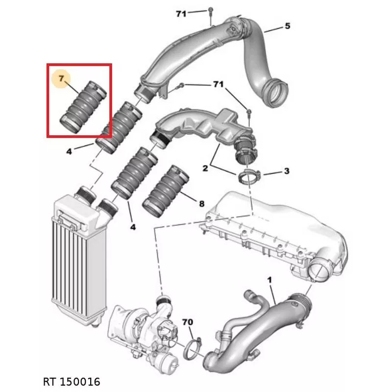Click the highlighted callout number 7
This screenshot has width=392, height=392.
point(61,78)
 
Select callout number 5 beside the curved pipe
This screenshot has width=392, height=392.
point(288,26)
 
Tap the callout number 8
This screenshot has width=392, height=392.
point(201,204)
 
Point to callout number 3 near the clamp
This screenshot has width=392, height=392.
point(287,171)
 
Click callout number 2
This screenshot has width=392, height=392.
point(205,168)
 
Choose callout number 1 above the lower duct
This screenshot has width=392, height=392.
point(269,280)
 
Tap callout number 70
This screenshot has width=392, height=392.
point(188,322)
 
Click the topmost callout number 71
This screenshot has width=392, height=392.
point(181,14)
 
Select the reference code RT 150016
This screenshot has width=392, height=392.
point(72,382)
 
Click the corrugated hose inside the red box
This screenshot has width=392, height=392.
point(83,107)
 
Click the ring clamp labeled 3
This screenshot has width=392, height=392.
point(249,177)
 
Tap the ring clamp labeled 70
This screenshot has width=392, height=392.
point(193,349)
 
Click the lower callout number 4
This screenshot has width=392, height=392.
point(133,227)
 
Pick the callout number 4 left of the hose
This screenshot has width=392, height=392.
point(69,151)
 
